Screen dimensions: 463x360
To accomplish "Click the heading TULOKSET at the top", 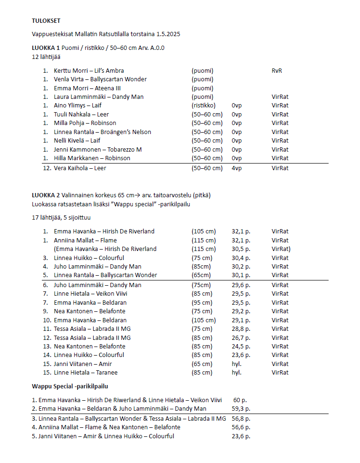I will pyautogui.click(x=46, y=20).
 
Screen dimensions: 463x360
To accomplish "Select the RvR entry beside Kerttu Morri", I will pyautogui.click(x=277, y=70).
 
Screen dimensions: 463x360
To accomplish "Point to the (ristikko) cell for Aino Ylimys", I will pyautogui.click(x=203, y=106).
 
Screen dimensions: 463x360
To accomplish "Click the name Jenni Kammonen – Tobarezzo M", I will pyautogui.click(x=97, y=149).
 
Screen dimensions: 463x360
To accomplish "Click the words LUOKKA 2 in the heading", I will pyautogui.click(x=46, y=195).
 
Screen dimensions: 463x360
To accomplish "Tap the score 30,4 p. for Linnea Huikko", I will pyautogui.click(x=241, y=258).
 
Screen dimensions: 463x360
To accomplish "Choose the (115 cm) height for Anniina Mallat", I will pyautogui.click(x=203, y=240).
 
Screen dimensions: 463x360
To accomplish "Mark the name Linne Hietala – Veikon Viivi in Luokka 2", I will pyautogui.click(x=90, y=293).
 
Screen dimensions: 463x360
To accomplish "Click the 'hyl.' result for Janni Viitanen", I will pyautogui.click(x=236, y=364).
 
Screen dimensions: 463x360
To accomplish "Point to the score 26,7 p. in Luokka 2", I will pyautogui.click(x=241, y=338).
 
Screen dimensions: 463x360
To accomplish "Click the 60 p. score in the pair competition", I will pyautogui.click(x=240, y=400).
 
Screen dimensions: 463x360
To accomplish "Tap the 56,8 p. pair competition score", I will pyautogui.click(x=241, y=419).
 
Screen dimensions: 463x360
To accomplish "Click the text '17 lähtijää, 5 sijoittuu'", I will pyautogui.click(x=60, y=217).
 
